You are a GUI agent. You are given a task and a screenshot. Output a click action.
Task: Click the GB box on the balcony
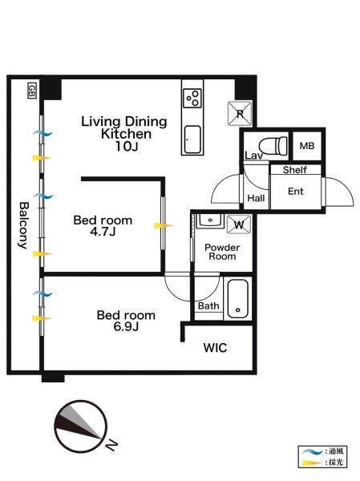[x=31, y=91]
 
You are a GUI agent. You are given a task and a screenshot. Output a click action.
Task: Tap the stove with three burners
[x=192, y=98]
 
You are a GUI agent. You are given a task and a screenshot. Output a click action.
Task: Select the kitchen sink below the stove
[x=192, y=139]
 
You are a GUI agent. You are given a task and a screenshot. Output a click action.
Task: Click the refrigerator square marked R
[x=240, y=114]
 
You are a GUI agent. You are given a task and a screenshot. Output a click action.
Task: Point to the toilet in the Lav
[x=273, y=145]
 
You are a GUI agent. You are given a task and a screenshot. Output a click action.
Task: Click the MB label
[x=307, y=146]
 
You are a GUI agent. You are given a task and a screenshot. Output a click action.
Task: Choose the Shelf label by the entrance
[x=295, y=170]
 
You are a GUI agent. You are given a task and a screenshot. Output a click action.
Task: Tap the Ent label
[x=296, y=192]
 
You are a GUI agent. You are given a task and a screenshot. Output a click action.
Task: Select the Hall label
[x=256, y=198]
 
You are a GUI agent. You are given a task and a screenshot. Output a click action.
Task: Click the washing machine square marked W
[x=239, y=224]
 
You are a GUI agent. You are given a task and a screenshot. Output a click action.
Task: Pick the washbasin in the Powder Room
[x=210, y=221]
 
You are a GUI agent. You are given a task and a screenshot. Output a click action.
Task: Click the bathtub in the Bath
[x=238, y=298]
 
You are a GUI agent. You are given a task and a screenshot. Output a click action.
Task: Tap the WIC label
[x=215, y=348]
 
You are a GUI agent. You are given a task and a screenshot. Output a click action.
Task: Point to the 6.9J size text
[x=126, y=327]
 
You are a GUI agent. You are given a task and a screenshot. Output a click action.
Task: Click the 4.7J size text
[x=103, y=232]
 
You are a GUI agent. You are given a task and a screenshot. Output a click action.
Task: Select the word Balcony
[x=23, y=225]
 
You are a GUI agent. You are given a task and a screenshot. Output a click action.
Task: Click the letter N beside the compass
[x=111, y=445]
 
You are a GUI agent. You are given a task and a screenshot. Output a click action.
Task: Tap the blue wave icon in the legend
[x=312, y=451]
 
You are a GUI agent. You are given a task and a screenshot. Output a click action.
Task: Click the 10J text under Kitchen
[x=127, y=147]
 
